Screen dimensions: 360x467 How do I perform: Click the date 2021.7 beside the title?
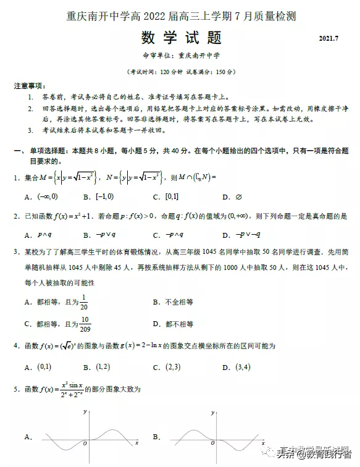pos(329,40)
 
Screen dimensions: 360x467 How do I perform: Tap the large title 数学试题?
pos(181,38)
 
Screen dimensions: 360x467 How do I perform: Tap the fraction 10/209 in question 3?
pos(85,324)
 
